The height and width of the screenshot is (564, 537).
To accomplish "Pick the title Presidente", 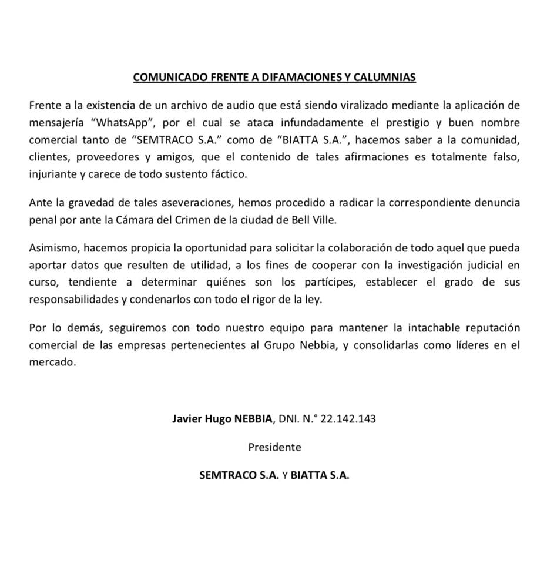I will tap(274, 447).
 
